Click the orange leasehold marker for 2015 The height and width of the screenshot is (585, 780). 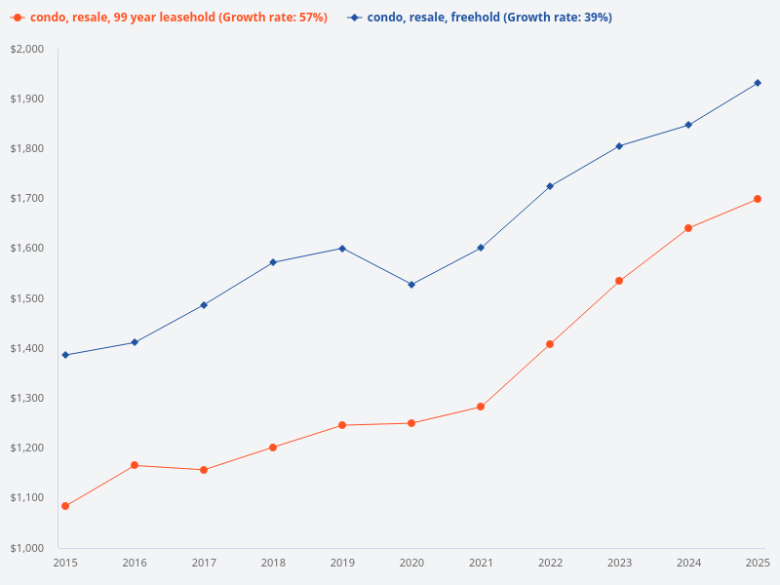pos(65,506)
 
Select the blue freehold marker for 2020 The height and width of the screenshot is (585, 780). pos(411,285)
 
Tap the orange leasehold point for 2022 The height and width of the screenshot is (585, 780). pos(550,344)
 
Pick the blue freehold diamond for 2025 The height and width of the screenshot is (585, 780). pos(758,83)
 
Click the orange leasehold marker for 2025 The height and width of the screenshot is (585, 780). pos(758,199)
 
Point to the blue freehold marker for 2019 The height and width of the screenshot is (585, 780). pos(342,249)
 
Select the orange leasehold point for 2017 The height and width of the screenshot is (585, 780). pos(204,470)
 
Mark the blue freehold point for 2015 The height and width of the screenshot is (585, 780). pos(65,355)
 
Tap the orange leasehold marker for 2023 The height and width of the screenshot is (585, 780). pos(619,281)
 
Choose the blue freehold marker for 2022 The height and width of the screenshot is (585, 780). pos(550,186)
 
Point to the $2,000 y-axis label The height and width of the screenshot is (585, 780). pos(27,49)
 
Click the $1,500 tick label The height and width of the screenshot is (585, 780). pos(27,298)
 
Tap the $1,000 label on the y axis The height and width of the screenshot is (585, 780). pos(27,547)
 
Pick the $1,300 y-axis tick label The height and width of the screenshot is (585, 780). pos(27,398)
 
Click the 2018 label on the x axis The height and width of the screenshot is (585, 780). pos(273,563)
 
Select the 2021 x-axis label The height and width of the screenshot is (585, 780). pos(481,563)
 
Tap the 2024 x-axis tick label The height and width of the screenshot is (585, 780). pos(688,563)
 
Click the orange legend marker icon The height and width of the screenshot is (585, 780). pos(18,18)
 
